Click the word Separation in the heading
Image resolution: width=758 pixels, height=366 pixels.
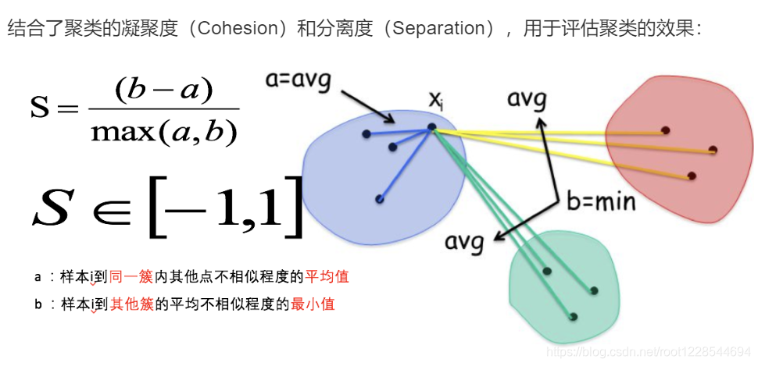pos(441,30)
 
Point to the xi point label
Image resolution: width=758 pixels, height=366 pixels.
pos(436,99)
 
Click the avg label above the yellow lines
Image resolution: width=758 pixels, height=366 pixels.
pos(527,99)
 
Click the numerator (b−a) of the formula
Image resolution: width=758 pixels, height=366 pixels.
pos(164,90)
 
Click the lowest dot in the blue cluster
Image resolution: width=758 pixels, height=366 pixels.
pos(379,199)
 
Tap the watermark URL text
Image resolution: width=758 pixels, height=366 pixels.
pos(648,352)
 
